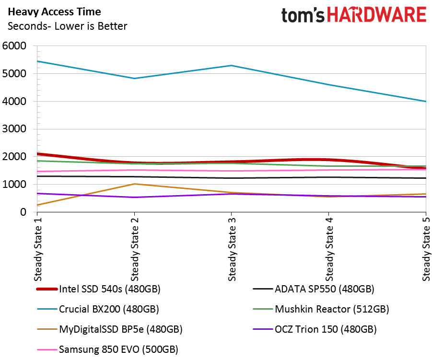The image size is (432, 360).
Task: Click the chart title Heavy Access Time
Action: [x=54, y=12]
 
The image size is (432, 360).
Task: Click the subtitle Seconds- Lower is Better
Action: [x=67, y=26]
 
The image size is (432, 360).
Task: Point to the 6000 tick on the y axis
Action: [x=14, y=46]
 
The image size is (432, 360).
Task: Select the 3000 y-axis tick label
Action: [x=14, y=128]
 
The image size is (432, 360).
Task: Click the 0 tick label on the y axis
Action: [x=23, y=212]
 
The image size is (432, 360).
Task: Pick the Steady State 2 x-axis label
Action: [x=134, y=249]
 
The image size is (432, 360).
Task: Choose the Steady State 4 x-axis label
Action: [x=329, y=249]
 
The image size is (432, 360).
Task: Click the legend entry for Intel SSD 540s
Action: [x=98, y=289]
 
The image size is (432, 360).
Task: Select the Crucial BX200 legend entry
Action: [x=98, y=309]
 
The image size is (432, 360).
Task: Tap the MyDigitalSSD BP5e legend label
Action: [x=110, y=329]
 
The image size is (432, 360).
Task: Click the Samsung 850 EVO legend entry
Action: [x=107, y=349]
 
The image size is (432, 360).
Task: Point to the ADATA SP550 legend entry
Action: [x=314, y=289]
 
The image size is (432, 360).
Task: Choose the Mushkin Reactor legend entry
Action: [x=321, y=309]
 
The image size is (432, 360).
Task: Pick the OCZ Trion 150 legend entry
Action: [x=315, y=329]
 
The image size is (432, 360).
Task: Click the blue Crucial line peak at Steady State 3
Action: [x=232, y=66]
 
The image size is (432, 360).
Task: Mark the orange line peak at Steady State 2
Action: [x=134, y=184]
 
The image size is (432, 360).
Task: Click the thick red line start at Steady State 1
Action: [x=37, y=154]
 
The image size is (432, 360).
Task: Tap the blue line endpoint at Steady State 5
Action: [x=426, y=101]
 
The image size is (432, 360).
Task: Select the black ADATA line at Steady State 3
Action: [x=232, y=178]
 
